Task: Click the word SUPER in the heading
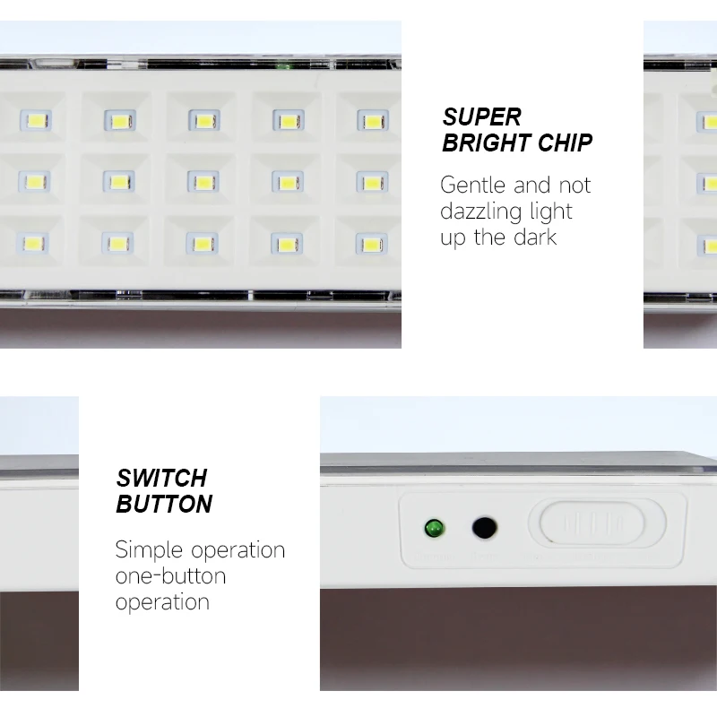pyautogui.click(x=482, y=117)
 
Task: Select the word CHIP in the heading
pyautogui.click(x=566, y=143)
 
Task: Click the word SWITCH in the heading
pyautogui.click(x=161, y=477)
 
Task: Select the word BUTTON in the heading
pyautogui.click(x=164, y=504)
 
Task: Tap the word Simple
pyautogui.click(x=150, y=550)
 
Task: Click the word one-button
pyautogui.click(x=170, y=575)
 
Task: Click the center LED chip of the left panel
pyautogui.click(x=202, y=182)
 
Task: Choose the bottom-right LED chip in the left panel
pyautogui.click(x=371, y=243)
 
